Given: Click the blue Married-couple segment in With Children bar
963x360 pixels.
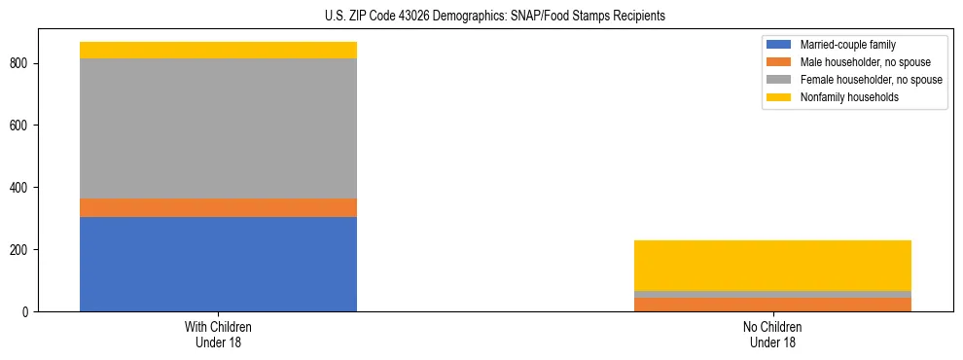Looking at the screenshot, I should point(218,264).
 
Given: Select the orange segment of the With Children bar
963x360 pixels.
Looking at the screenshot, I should point(218,207).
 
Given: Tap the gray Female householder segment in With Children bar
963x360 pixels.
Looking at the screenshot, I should point(218,128).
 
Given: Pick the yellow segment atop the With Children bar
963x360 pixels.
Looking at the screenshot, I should point(218,50).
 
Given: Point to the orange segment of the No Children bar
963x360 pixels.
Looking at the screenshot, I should point(772,305).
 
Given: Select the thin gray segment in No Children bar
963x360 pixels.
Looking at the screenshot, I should point(772,294).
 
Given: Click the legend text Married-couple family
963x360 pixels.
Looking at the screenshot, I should point(847,45).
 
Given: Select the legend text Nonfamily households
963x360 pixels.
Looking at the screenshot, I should point(848,97).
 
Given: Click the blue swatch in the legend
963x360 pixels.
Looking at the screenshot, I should point(779,45).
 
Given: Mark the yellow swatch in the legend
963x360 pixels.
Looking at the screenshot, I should point(779,97).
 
